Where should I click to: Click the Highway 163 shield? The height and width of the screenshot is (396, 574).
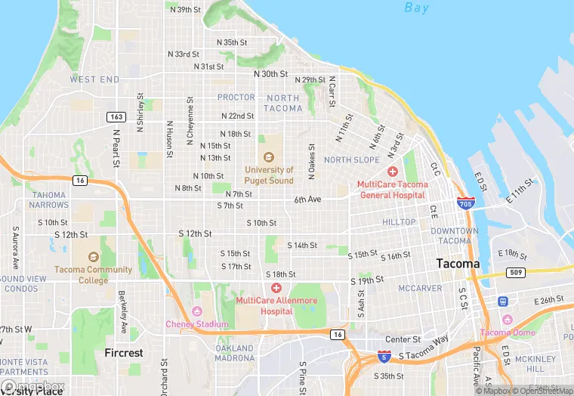pos(116,116)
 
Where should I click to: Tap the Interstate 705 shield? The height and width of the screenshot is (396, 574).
pos(465,203)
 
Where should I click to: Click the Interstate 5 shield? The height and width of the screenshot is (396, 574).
pos(384,355)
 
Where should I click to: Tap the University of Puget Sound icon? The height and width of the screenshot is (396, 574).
pos(268,157)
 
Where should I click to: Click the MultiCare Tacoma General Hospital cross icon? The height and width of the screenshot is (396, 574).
pos(393,172)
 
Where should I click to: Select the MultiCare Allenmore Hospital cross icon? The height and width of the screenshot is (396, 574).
pos(276,288)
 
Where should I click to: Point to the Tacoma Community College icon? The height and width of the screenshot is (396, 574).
pos(94,258)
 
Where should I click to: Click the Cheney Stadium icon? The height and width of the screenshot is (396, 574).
pos(197,311)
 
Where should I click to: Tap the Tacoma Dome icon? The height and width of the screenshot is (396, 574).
pos(507,320)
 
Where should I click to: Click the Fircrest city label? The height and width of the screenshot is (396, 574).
pos(124,353)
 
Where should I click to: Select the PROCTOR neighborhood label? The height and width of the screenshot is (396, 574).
pos(236,97)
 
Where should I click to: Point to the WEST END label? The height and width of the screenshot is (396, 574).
pos(94,79)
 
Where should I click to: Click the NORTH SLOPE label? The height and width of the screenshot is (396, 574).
pos(352,160)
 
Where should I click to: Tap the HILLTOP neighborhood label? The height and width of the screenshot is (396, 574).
pos(399,222)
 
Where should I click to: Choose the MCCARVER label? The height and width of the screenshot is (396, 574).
pos(420,288)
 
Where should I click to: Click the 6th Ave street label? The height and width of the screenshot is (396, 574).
pos(307,200)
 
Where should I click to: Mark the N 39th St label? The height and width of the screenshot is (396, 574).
pos(186,10)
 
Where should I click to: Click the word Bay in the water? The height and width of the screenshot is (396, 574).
pos(416,8)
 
